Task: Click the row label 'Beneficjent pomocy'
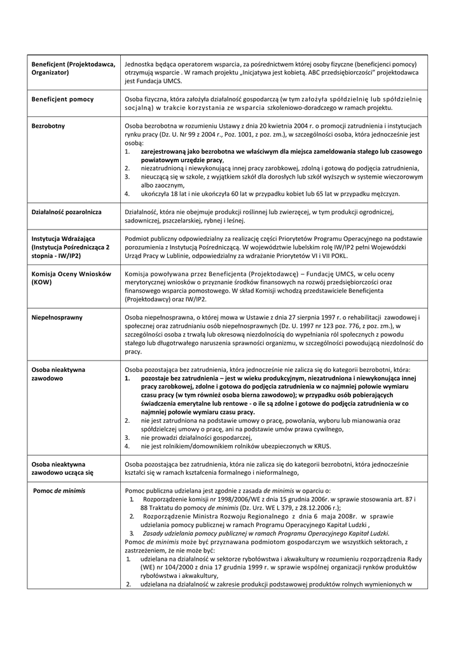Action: [62, 99]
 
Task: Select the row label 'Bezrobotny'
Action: [48, 126]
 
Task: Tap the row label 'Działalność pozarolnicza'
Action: [69, 211]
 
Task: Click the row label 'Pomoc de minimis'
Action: [58, 491]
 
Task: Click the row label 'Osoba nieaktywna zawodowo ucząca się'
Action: [62, 469]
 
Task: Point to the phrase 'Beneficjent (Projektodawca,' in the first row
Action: [72, 64]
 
